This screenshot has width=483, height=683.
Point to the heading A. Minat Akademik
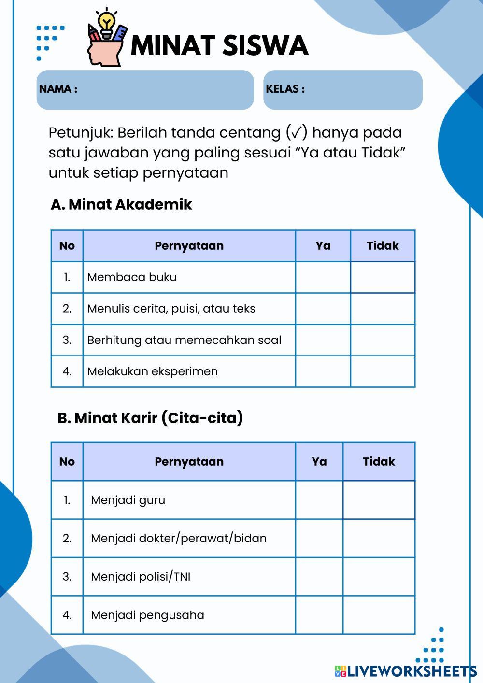pos(121,204)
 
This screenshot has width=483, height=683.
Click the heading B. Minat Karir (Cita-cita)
pos(150,418)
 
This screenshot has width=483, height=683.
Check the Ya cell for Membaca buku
pos(323,277)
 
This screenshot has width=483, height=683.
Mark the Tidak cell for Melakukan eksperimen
pos(383,371)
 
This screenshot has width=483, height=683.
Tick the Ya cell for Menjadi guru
pos(319,500)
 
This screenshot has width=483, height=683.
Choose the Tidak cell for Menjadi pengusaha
pos(379,615)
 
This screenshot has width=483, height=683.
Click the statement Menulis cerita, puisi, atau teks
pos(171,309)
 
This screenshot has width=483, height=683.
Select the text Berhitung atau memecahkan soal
pos(184,340)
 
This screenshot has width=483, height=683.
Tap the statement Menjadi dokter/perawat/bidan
pos(179,538)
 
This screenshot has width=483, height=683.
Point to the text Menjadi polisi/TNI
pos(141,577)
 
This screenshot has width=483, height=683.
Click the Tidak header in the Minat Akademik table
pos(383,246)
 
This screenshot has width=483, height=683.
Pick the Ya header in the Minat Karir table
pos(319,462)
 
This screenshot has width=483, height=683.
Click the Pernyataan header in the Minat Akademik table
pos(189,246)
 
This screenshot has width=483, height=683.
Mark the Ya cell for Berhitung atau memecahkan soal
pos(323,340)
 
